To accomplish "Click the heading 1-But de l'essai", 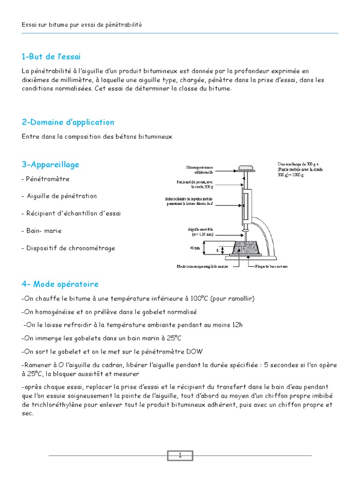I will point(51,57).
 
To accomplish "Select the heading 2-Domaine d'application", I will point(68,122).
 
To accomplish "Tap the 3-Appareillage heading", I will point(50,165).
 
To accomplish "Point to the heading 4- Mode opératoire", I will point(60,285).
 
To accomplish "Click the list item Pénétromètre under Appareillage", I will point(45,179).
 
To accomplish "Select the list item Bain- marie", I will point(42,231).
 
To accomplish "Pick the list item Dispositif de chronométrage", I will point(68,248).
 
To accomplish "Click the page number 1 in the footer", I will point(180,455).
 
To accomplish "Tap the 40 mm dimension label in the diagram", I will point(194,249).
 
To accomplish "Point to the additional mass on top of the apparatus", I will point(245,167).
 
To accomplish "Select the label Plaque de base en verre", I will point(268,266).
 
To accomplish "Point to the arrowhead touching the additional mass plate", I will point(235,167).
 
